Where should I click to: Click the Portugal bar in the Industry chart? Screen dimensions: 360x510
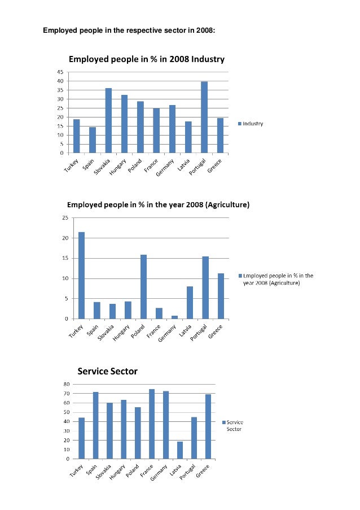204,117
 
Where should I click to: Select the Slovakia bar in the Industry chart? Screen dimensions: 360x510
108,121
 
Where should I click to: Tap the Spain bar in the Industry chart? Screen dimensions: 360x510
93,140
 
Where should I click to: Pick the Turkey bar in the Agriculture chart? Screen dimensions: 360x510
81,276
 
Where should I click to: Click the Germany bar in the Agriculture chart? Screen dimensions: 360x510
174,317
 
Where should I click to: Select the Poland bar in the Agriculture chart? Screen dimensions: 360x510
144,287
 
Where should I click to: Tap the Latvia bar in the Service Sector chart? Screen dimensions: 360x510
180,451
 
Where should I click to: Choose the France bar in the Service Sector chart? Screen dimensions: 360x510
152,424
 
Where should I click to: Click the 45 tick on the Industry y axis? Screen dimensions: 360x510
61,72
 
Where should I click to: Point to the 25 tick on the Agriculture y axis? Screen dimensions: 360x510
65,218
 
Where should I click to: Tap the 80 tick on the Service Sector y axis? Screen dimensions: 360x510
67,385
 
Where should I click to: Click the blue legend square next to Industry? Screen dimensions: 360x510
240,124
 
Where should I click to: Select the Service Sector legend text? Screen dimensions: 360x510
235,426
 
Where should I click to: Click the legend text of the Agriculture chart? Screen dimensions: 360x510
278,280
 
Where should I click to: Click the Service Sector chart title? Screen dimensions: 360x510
108,372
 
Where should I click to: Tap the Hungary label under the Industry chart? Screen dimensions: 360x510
117,167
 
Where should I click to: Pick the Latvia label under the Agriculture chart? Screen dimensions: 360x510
185,330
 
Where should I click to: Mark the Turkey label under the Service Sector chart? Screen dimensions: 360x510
76,470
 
